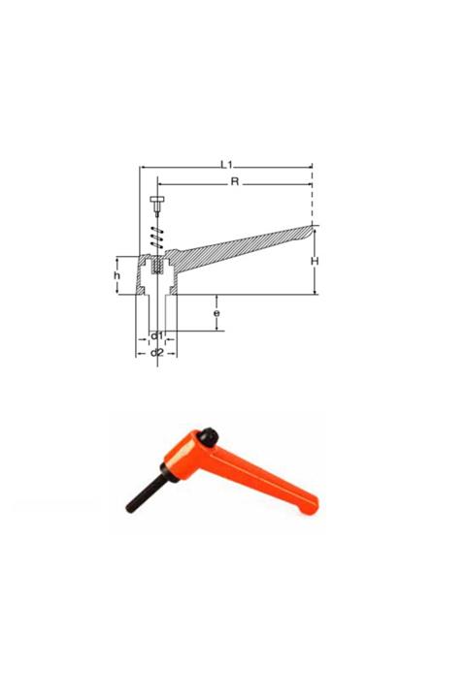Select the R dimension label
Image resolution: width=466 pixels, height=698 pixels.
(234, 181)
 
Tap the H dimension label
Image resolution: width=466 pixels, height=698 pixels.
(315, 262)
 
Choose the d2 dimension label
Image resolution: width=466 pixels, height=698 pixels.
(155, 352)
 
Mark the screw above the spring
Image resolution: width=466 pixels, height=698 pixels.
(156, 206)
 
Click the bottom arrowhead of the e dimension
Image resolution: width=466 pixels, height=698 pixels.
(216, 330)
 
